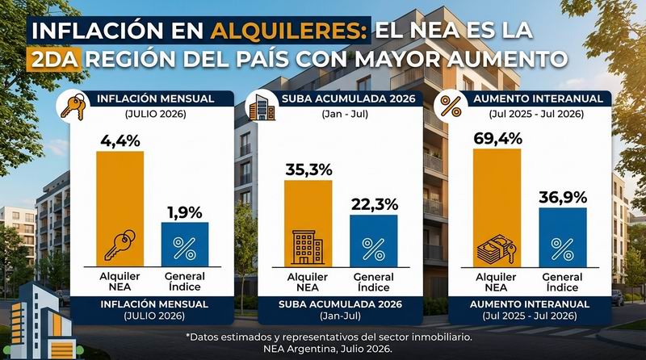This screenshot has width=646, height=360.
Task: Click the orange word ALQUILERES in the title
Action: coord(288,30)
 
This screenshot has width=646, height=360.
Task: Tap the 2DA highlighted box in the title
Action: coord(54,59)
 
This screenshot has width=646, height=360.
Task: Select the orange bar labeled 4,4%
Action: coord(120,208)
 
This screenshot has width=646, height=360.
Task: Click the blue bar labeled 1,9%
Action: coord(185,245)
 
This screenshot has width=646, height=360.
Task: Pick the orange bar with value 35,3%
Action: coord(308,224)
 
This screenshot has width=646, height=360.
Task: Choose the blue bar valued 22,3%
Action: coord(374,241)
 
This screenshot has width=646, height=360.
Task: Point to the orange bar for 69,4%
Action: coord(497,208)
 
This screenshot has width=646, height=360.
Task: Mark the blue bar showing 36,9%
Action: coord(563,237)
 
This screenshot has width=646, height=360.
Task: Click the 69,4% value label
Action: coord(497,138)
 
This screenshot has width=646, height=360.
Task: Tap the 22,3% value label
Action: coord(375,204)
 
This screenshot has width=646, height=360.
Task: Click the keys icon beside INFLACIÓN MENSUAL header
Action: coord(73,107)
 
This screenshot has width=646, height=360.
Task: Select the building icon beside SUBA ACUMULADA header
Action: coord(262,107)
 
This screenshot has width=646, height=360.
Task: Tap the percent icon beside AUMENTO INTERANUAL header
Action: coord(451,107)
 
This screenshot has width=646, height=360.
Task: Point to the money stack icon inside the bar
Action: coord(496,249)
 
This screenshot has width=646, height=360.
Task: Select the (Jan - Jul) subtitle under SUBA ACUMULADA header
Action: coord(345,114)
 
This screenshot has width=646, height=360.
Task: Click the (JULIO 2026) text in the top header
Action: coord(155,114)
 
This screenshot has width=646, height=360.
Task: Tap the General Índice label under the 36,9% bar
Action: coord(562,283)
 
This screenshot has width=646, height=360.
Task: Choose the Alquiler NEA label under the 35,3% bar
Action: coord(308,283)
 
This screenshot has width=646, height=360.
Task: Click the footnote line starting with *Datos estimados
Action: coord(329,337)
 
